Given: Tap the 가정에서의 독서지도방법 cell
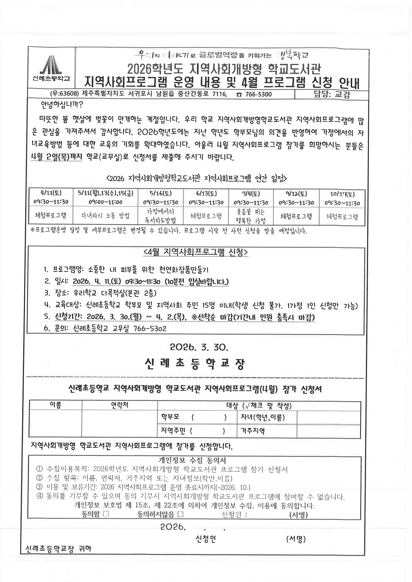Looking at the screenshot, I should point(161,216).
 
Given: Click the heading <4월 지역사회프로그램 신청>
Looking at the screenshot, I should point(195,252).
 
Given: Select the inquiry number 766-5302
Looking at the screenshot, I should point(150,329).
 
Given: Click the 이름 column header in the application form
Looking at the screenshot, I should point(55,405).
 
